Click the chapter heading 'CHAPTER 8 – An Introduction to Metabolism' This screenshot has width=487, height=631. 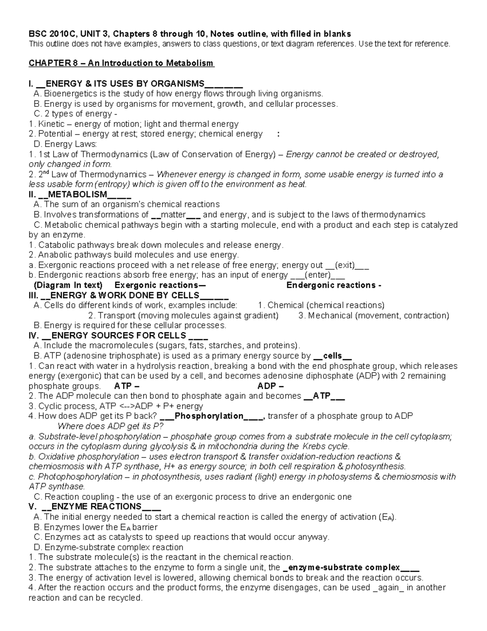(x=121, y=63)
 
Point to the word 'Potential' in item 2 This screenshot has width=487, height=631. (x=55, y=134)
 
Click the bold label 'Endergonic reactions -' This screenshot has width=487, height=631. (x=334, y=285)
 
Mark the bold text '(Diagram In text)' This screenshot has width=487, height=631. (x=68, y=285)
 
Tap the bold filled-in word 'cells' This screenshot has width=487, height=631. (x=332, y=356)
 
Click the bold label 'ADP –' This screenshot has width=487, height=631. (x=270, y=386)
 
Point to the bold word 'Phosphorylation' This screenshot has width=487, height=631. (x=209, y=416)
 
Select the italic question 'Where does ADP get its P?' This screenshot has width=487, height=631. (x=110, y=426)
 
